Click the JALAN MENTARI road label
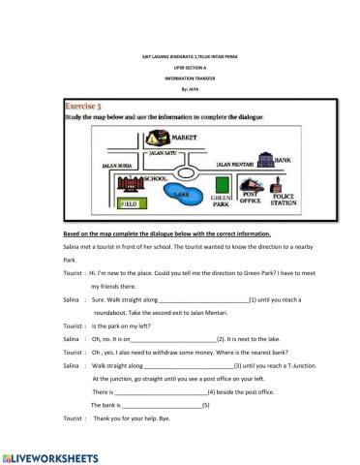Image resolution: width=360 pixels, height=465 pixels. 234,165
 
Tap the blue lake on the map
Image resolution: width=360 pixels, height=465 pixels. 178,197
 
